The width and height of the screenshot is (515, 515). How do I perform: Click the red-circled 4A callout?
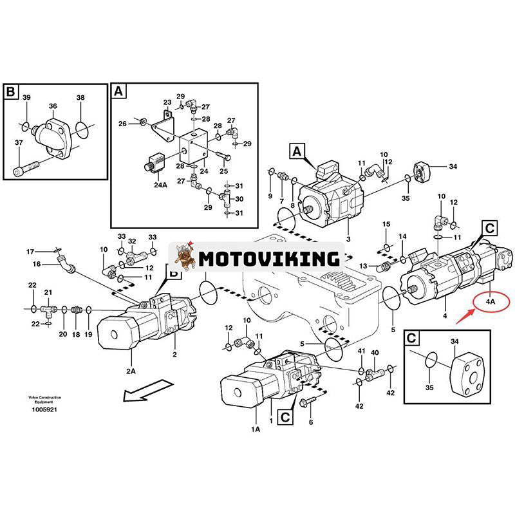[x=491, y=300]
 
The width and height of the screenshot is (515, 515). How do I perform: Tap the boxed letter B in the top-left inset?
[x=10, y=92]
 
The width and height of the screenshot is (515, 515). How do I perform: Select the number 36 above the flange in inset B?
[x=53, y=107]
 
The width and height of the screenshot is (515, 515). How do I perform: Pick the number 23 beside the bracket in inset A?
[x=167, y=103]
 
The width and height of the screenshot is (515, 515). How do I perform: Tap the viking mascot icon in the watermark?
[x=183, y=257]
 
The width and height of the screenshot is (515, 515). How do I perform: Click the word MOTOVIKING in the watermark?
[x=268, y=259]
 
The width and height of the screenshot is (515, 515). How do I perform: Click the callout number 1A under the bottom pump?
[x=256, y=428]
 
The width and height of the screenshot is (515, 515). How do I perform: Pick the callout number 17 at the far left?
[x=30, y=251]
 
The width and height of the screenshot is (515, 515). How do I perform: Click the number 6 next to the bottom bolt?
[x=310, y=422]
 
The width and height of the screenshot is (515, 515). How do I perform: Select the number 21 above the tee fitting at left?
[x=48, y=292]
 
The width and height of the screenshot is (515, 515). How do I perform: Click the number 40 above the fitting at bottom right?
[x=375, y=353]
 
